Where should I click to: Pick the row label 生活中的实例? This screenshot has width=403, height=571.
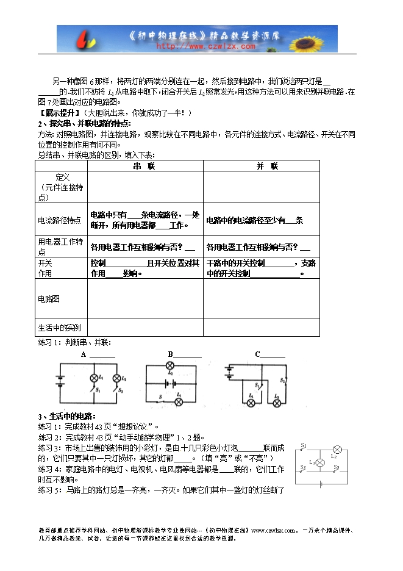pyautogui.click(x=59, y=327)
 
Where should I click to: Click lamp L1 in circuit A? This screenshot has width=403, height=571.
pyautogui.click(x=94, y=378)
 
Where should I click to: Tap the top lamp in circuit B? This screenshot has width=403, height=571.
pyautogui.click(x=170, y=365)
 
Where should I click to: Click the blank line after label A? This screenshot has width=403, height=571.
pyautogui.click(x=102, y=355)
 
